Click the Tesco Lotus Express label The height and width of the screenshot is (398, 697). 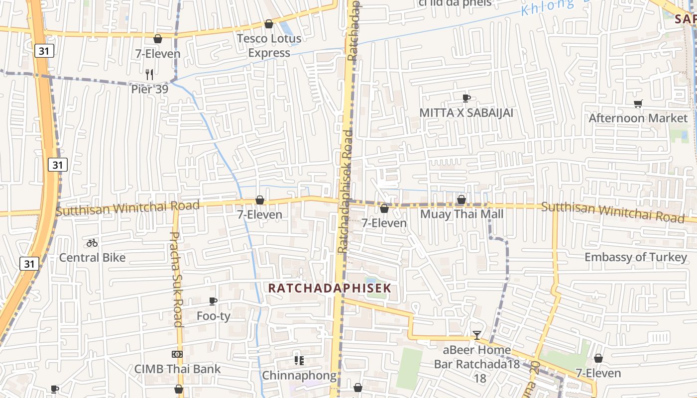tap(269, 45)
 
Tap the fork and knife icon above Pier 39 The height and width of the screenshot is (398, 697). tap(149, 75)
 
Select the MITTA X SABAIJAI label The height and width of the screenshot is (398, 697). tap(466, 113)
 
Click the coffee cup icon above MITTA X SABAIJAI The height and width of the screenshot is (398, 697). tap(466, 98)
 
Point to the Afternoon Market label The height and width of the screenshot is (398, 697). tap(638, 118)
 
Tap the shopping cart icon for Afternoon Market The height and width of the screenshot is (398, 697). tap(638, 103)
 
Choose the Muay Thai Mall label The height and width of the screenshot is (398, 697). tap(462, 214)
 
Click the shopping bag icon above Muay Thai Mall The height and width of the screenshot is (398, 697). tap(462, 200)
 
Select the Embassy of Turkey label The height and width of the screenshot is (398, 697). tap(635, 257)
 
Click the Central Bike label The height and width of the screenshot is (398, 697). tap(92, 258)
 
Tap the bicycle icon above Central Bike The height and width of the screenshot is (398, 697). tap(92, 243)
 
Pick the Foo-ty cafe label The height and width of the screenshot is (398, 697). tap(213, 316)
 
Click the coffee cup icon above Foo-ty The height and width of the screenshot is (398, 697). tap(213, 301)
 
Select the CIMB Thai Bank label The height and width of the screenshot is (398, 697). tap(177, 369)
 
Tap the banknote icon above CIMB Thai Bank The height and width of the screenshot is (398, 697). tap(177, 354)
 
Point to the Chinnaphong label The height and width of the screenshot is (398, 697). tap(299, 375)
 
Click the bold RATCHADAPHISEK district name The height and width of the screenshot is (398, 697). tap(330, 288)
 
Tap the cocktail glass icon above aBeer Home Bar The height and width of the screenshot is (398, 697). tap(477, 335)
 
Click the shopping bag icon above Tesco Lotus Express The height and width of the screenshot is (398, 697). tap(269, 24)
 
